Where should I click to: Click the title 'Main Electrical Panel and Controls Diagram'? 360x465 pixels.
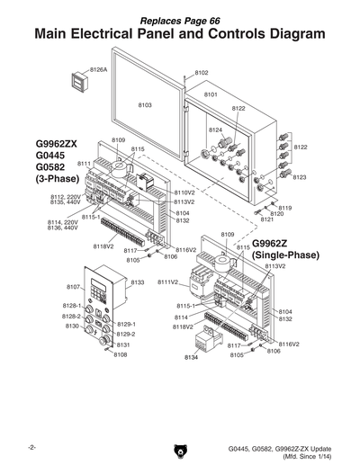click(180, 34)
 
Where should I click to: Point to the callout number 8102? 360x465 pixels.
click(201, 73)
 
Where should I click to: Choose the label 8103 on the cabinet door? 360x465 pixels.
click(145, 105)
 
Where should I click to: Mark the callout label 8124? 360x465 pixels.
click(216, 130)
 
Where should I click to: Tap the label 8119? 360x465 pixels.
click(284, 208)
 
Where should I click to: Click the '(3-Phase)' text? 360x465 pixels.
click(58, 180)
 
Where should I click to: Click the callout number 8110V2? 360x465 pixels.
click(184, 192)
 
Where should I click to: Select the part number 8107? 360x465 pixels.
click(74, 286)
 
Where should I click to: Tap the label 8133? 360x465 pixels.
click(138, 282)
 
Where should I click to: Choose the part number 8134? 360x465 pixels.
click(191, 358)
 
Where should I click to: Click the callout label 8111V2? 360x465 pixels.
click(168, 282)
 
